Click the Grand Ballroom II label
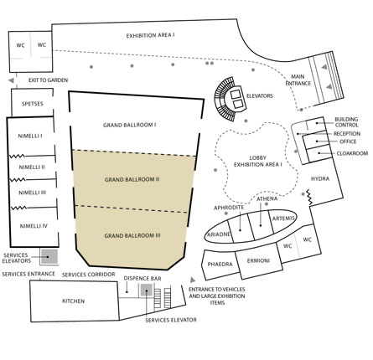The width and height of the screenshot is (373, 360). point(132,179)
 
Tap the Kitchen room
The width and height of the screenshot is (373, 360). point(74,301)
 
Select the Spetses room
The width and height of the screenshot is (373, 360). point(33,103)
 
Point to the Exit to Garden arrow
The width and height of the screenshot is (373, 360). point(11,80)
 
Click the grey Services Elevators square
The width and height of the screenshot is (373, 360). point(49,257)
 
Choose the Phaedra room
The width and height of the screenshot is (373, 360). point(220,265)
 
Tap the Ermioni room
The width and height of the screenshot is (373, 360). point(259,261)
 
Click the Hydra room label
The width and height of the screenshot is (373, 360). point(320,178)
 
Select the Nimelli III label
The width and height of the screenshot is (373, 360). point(33,193)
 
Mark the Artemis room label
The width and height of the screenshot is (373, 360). point(283,219)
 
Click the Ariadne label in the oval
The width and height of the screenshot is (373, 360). point(219,234)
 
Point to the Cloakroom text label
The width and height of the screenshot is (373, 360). point(352,153)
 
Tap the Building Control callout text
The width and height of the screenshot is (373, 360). point(346,122)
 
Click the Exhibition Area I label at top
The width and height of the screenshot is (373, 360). point(151,35)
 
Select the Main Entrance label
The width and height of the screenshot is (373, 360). point(298,80)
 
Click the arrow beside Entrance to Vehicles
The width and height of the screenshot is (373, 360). point(193,280)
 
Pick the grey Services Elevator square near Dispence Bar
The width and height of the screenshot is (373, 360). point(146,291)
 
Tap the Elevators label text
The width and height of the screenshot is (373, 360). point(260,96)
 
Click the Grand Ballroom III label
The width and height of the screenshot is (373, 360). point(132,236)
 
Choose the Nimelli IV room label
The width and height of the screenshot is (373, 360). point(34,226)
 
